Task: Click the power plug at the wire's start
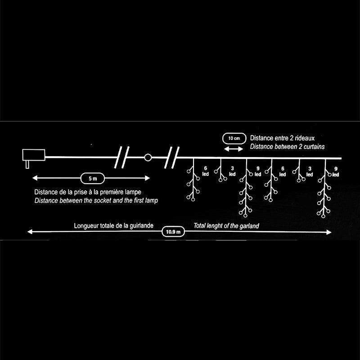coord(33,156)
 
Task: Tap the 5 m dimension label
coord(92,179)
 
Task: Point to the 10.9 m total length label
coord(173,232)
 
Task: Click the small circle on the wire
coord(148,157)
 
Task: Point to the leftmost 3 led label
coord(232,171)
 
